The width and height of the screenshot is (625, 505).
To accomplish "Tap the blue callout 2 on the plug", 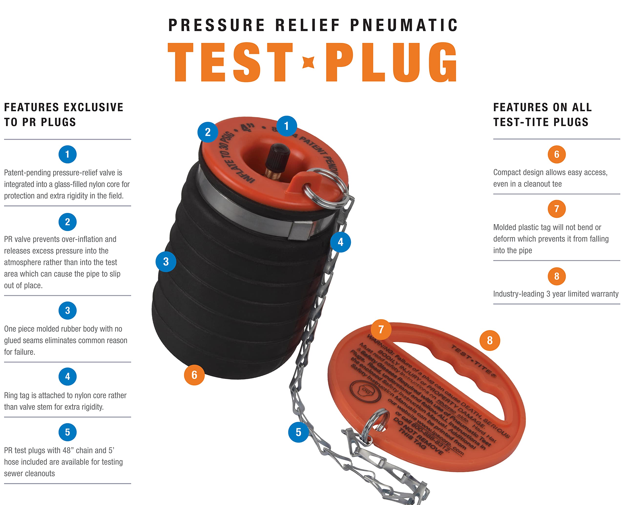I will pos(208,132).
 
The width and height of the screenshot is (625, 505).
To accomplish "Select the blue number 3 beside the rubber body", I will pos(166,262).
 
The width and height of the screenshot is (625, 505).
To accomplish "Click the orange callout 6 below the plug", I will pos(194,375).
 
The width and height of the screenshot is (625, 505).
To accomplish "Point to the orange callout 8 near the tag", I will pos(490,340).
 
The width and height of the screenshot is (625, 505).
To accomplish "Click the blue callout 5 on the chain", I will pos(298,432).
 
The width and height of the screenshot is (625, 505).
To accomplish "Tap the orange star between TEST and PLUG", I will pos(308,62).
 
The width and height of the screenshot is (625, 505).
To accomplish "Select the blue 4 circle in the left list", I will pos(67,376).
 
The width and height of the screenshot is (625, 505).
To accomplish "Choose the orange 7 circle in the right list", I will pos(556,209).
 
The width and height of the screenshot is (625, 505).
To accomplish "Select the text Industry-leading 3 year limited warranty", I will pos(555,294).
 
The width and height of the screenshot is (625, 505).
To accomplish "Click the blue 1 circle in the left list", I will pos(67,154).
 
